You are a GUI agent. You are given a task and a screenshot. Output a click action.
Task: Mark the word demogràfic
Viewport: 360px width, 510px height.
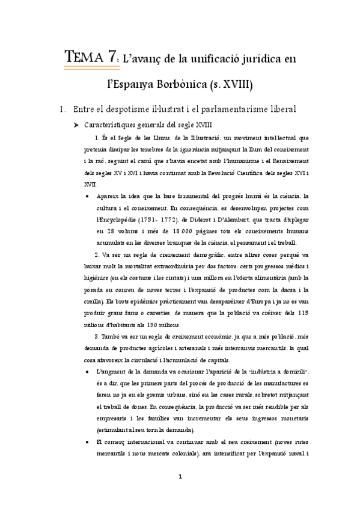point(192,254)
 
